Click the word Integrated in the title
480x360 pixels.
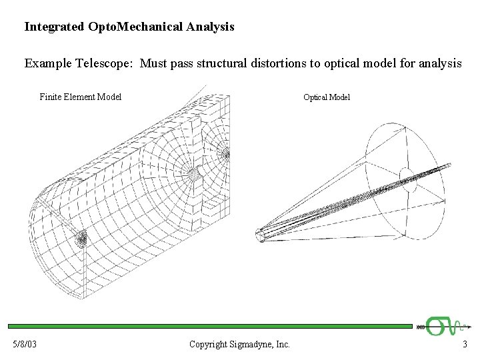pos(54,27)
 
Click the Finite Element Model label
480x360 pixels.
pos(80,97)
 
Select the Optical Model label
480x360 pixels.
pos(327,97)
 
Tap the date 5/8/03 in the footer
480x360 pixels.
pos(25,345)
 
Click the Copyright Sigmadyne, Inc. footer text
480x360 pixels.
pos(239,345)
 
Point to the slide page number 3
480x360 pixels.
pos(465,345)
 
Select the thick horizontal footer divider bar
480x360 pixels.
pos(210,327)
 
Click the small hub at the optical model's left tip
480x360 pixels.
pos(260,235)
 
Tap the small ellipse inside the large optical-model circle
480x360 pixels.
pos(407,178)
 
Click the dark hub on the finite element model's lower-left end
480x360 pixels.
pos(81,238)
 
